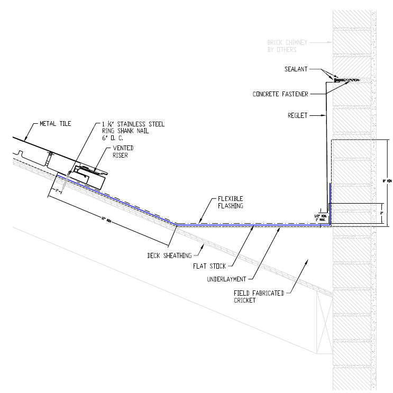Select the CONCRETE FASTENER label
[x=280, y=94]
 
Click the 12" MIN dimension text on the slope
[x=108, y=218]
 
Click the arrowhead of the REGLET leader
[x=325, y=115]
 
